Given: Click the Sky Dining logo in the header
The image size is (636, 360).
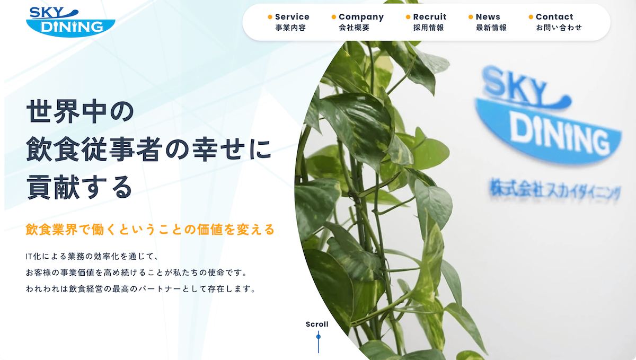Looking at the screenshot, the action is pos(70,22).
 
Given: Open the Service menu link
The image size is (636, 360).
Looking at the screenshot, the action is pos(292,22).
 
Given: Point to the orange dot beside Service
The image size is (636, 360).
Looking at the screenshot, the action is pos(270,17).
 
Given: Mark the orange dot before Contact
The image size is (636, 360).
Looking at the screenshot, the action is pos(531,17).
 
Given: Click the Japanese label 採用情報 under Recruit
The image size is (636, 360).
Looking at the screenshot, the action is pos(428,28).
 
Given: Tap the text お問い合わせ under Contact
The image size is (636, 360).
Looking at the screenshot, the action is pos(559,28).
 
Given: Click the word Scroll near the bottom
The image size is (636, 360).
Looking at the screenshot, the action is pos(317,324).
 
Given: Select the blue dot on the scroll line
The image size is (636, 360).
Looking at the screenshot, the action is pos(319,337).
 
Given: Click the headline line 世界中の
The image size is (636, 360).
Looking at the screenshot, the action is pos(80,111).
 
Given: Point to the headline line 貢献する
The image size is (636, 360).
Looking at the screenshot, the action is pos(79,187).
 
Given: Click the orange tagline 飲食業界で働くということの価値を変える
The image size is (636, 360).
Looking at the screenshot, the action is pos(150,229).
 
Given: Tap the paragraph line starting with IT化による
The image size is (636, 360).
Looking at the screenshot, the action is pos(92,256).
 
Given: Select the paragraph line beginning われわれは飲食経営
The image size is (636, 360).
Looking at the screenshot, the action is pos(140,288).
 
